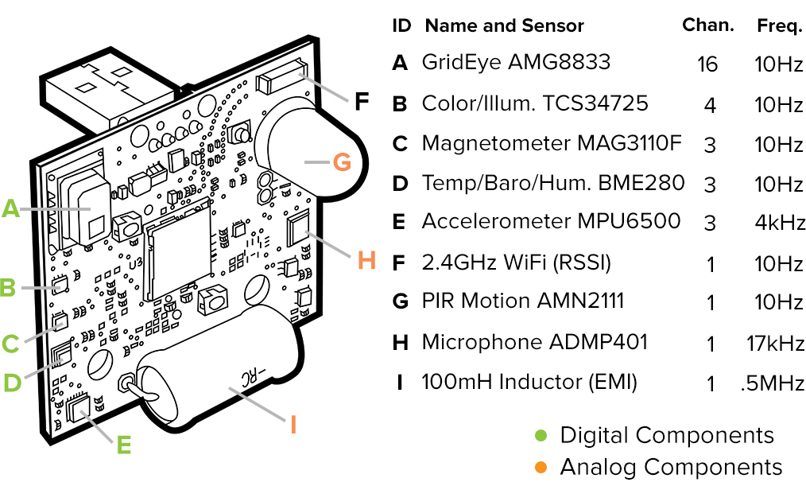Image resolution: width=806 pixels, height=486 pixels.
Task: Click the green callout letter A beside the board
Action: [x=10, y=208]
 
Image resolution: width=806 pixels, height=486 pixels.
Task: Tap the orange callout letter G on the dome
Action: [x=341, y=161]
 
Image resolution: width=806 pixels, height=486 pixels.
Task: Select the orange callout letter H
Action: [x=366, y=260]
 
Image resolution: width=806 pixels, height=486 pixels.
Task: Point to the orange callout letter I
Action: [x=293, y=424]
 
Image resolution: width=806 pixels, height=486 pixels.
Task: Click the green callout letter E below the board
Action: [x=124, y=445]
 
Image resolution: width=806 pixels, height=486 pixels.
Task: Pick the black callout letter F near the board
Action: [x=362, y=102]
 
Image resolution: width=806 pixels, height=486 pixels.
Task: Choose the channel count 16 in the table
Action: [x=707, y=64]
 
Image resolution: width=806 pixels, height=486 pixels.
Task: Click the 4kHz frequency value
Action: [x=780, y=222]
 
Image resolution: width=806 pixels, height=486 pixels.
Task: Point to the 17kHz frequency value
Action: [x=776, y=344]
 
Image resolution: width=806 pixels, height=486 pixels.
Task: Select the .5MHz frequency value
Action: [x=772, y=383]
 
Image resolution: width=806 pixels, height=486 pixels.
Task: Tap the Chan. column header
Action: [x=707, y=25]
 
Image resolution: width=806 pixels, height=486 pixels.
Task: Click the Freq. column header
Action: [x=779, y=25]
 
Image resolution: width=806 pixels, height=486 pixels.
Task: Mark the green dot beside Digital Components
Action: [x=541, y=435]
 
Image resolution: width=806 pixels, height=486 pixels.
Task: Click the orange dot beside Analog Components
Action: [x=541, y=467]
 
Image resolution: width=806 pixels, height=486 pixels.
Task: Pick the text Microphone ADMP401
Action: [x=534, y=342]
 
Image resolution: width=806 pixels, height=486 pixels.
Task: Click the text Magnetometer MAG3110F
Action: [x=552, y=143]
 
